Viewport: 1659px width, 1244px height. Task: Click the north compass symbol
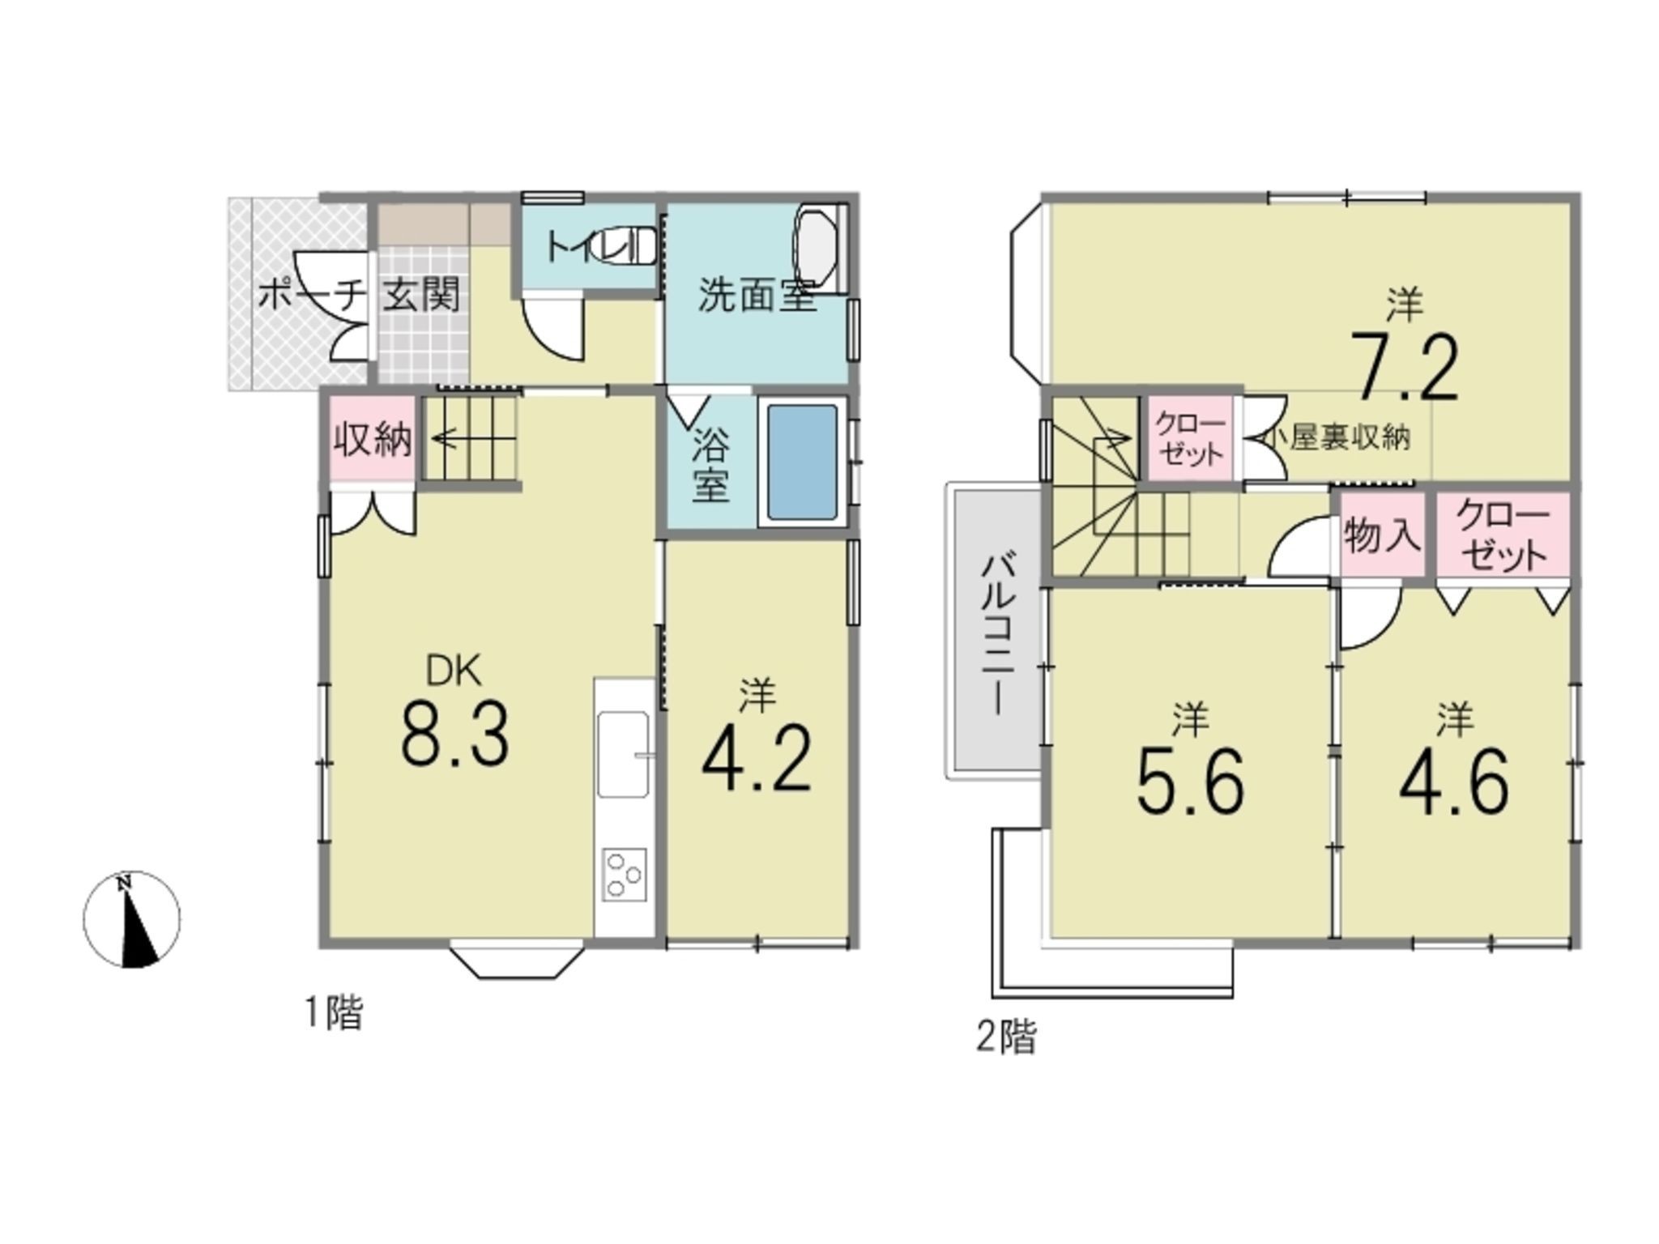tap(132, 919)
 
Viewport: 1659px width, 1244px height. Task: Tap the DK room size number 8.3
tap(455, 735)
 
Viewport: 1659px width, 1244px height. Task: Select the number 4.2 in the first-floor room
tap(757, 759)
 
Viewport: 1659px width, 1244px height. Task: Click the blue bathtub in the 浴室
tap(802, 463)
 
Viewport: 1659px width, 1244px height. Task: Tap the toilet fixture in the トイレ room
tap(625, 244)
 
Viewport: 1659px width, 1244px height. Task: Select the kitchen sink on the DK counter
tap(623, 754)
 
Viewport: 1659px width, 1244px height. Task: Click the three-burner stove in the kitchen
tap(624, 874)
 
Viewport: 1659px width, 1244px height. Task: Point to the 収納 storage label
tap(373, 440)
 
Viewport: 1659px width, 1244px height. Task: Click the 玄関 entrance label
tap(421, 295)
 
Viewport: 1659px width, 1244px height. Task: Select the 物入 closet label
tap(1383, 536)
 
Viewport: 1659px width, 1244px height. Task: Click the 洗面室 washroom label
tap(757, 295)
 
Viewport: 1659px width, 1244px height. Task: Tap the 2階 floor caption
tap(1006, 1037)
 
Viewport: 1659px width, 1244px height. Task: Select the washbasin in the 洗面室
tap(820, 249)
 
